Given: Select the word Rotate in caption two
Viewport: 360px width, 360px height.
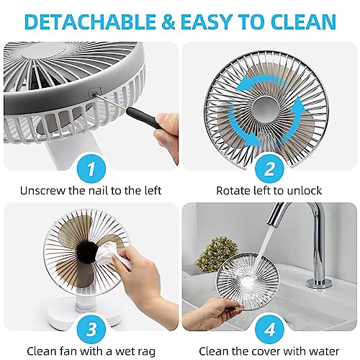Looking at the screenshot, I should pyautogui.click(x=233, y=192).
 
